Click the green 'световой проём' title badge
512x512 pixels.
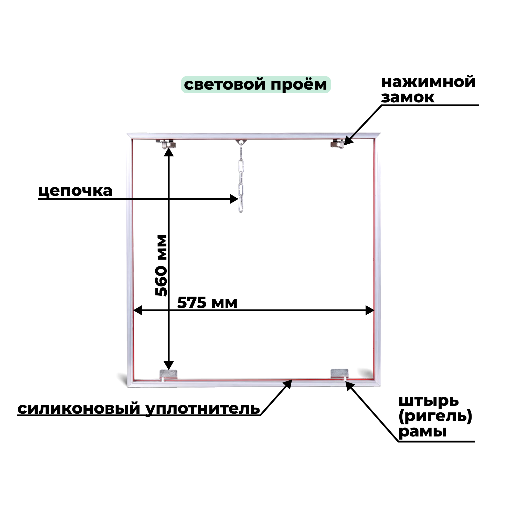(256, 84)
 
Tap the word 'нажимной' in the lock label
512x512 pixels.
(428, 82)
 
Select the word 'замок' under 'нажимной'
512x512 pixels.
(408, 98)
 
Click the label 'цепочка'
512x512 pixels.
(76, 191)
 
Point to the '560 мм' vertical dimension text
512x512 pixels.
(161, 265)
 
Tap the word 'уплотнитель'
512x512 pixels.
(203, 409)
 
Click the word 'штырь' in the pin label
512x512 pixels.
(429, 401)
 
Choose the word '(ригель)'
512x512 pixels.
(435, 416)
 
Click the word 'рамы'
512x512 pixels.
(422, 432)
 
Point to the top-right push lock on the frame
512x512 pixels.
(337, 144)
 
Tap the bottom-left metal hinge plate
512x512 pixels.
(168, 374)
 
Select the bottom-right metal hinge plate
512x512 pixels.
(339, 374)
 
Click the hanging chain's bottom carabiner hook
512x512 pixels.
(241, 206)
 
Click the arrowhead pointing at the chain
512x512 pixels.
(234, 199)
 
